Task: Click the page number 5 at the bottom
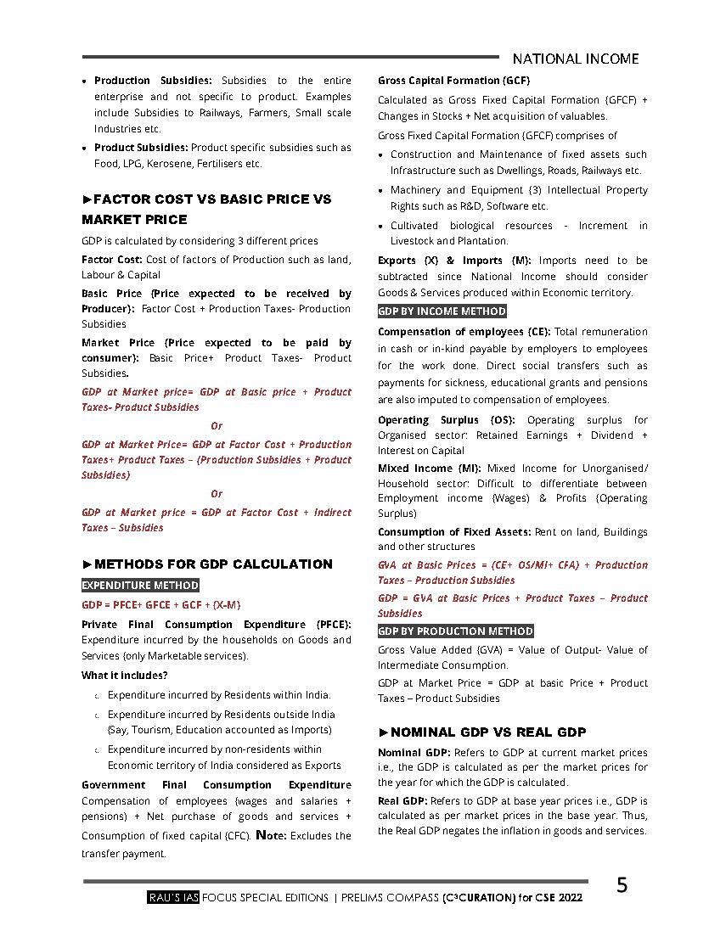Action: coord(622,885)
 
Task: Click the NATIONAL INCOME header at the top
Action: coord(576,59)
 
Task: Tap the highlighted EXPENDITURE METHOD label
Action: coord(140,585)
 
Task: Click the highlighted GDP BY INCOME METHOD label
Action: coord(442,311)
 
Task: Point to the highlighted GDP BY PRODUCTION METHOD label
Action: coord(455,631)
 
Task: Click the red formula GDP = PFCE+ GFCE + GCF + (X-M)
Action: coord(161,605)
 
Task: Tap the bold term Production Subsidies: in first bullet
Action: coord(154,81)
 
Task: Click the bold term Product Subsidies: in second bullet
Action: coord(141,148)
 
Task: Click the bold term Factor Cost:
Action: coord(112,260)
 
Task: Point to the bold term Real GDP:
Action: coord(402,800)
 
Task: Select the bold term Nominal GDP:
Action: coord(414,753)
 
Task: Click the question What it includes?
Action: coord(124,676)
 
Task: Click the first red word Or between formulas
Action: coord(217,426)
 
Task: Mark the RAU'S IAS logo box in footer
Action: coord(172,897)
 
